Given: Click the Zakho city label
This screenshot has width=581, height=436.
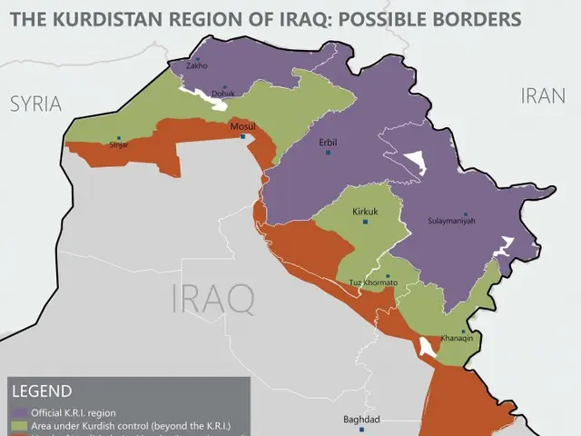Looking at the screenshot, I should pyautogui.click(x=196, y=65).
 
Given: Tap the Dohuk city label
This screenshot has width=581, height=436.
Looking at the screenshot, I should pyautogui.click(x=222, y=93).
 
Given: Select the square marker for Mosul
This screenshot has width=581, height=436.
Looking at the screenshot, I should pyautogui.click(x=242, y=137).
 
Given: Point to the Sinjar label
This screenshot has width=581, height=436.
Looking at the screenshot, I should pyautogui.click(x=119, y=144).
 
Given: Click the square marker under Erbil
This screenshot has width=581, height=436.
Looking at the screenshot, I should pyautogui.click(x=328, y=152).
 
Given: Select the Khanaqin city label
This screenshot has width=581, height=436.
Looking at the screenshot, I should pyautogui.click(x=457, y=338).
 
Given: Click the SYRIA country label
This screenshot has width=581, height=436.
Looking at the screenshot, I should pyautogui.click(x=35, y=104).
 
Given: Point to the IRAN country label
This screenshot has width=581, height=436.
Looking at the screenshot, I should pyautogui.click(x=545, y=95).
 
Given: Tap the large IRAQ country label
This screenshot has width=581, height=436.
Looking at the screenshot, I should pyautogui.click(x=212, y=299).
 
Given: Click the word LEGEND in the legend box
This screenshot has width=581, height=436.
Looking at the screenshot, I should pyautogui.click(x=42, y=392).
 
